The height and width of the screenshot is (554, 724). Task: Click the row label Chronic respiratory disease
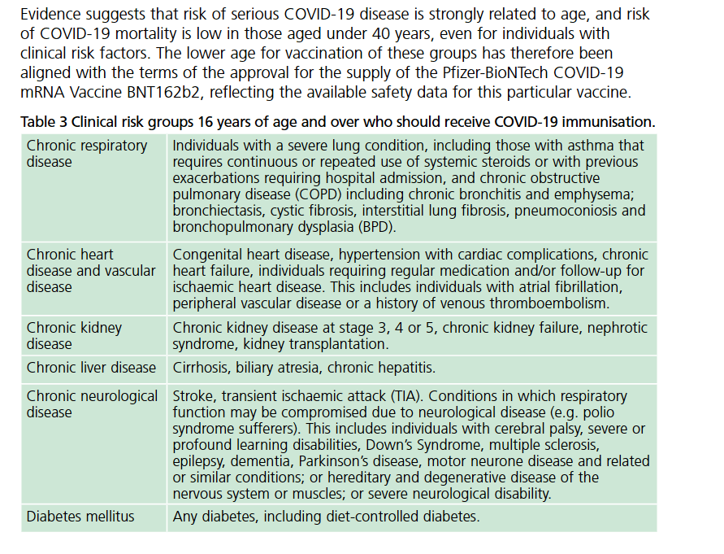click(87, 153)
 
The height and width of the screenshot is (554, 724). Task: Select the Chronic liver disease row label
click(91, 368)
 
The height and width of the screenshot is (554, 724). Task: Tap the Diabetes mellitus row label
click(80, 516)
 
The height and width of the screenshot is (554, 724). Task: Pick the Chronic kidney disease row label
click(74, 335)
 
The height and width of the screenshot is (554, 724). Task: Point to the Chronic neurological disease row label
click(92, 404)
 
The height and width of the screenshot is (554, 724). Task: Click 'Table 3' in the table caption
click(45, 122)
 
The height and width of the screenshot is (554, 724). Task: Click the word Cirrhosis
click(201, 368)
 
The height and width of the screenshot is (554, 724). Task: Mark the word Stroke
click(193, 396)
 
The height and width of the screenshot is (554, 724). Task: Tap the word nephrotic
click(618, 328)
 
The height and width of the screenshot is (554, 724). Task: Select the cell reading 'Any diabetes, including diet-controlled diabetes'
click(326, 516)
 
